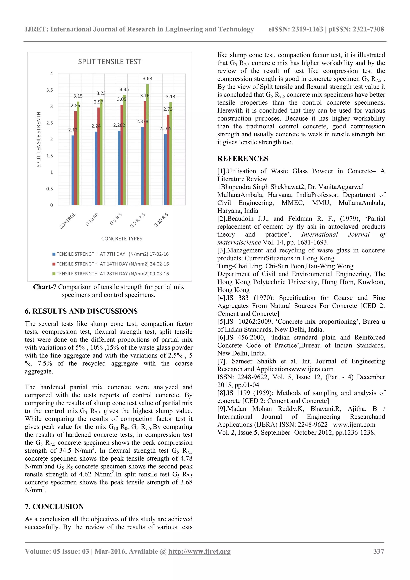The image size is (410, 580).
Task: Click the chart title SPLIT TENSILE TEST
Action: point(109,62)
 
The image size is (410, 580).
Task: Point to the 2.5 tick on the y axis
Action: point(50,123)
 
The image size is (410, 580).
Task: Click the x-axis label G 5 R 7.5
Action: point(138,220)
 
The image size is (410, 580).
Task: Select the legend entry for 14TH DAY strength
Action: point(111,264)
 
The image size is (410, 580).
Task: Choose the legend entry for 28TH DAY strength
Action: point(111,274)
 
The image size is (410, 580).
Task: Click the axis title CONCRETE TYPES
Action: point(122,239)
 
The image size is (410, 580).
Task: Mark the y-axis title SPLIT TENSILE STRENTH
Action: point(39,139)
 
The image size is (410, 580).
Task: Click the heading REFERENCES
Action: point(243,158)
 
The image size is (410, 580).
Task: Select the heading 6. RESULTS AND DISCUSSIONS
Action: point(81,311)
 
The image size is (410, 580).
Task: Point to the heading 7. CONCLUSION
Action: point(54,506)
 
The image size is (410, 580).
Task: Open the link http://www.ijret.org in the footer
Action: point(199,551)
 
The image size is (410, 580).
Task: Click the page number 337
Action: point(378,551)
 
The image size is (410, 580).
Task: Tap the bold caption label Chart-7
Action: point(45,287)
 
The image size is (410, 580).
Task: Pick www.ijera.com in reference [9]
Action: point(354,424)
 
